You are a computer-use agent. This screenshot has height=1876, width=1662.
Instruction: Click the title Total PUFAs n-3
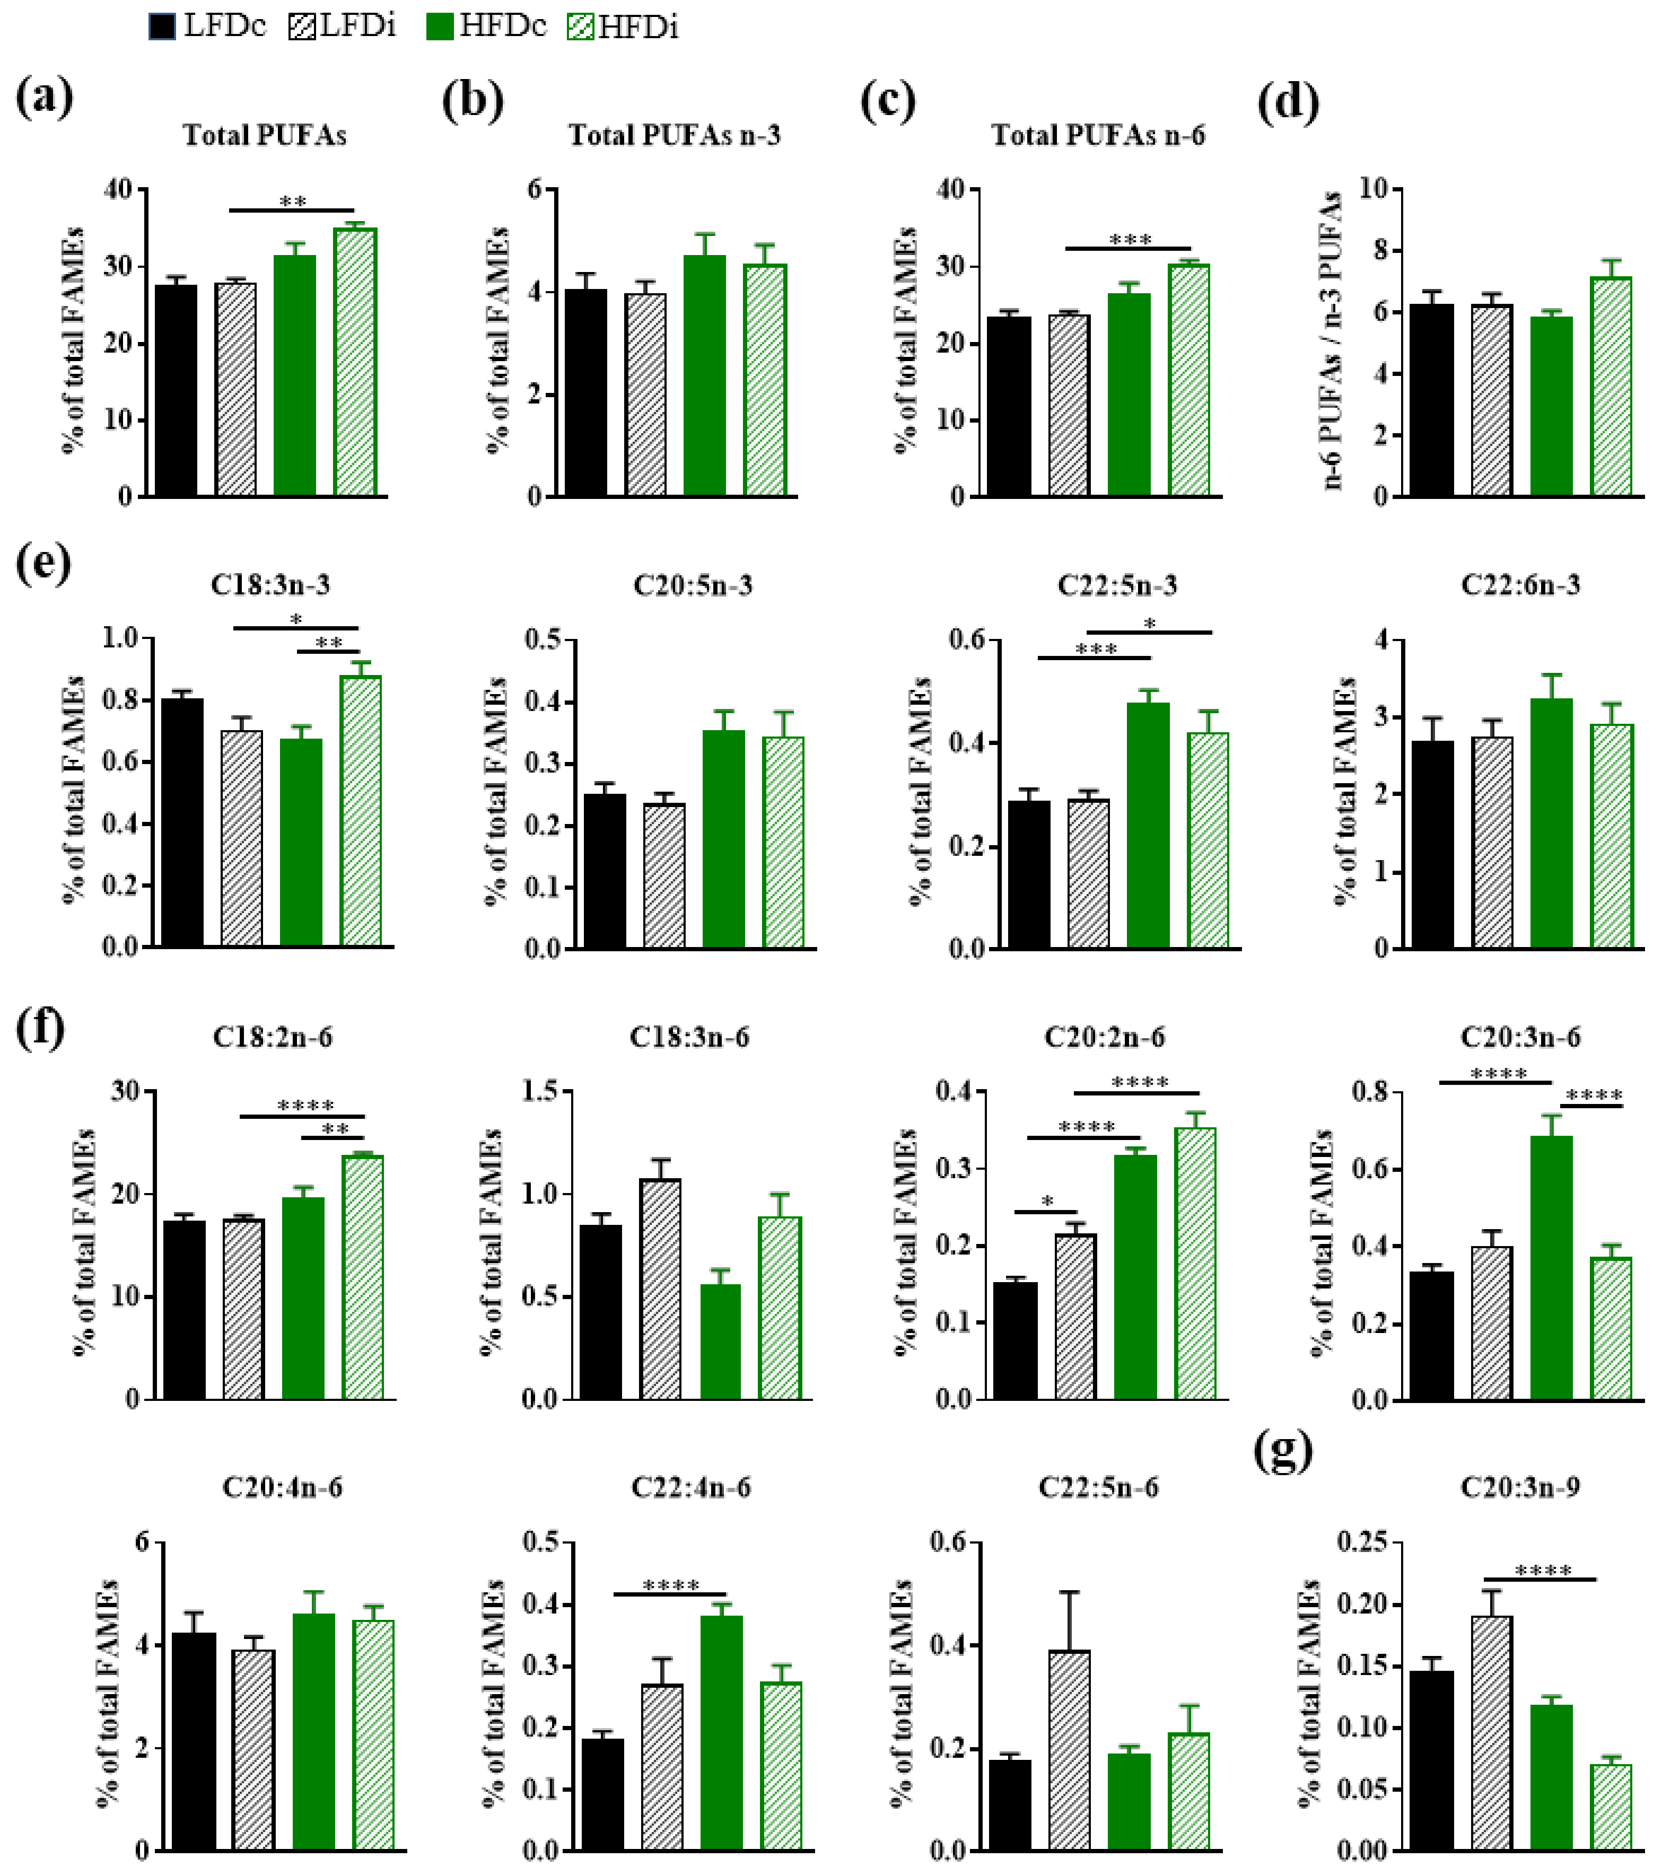675,136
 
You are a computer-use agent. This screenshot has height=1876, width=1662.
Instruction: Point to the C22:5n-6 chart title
1098,1487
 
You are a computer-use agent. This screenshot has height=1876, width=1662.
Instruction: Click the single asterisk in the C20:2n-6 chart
1047,1202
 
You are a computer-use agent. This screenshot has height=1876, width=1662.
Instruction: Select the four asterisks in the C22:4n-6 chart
671,1585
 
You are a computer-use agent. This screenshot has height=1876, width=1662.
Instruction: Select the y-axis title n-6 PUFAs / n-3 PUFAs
1333,341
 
